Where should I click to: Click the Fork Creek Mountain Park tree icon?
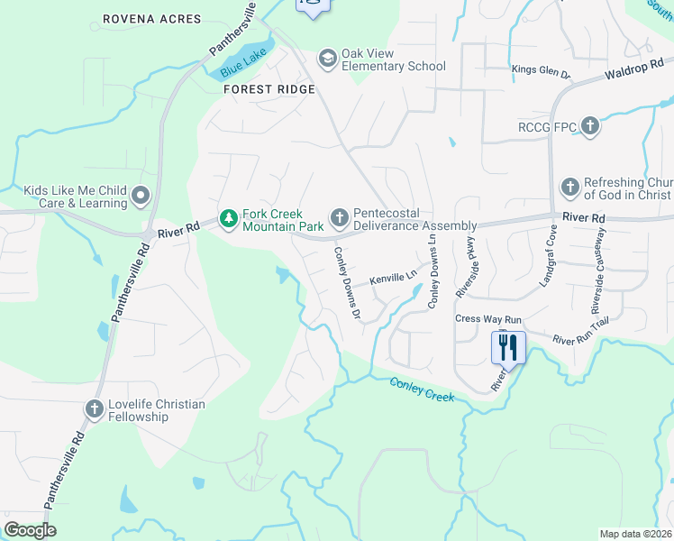tap(230, 218)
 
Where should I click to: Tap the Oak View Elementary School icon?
tap(327, 60)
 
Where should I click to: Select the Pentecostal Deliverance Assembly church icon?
tap(339, 217)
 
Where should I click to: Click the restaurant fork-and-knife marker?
tap(508, 346)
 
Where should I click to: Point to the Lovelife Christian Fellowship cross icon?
tap(94, 409)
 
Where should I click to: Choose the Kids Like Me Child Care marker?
tap(141, 195)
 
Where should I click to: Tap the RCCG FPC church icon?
tap(590, 127)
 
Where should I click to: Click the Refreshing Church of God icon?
tap(569, 188)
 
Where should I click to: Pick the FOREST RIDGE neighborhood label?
tap(269, 89)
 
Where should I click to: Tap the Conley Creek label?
tap(422, 390)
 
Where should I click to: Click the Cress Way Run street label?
tap(488, 319)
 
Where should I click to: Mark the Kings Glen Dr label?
tap(541, 71)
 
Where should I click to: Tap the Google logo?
tap(30, 529)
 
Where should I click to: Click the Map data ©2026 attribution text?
tap(636, 534)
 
